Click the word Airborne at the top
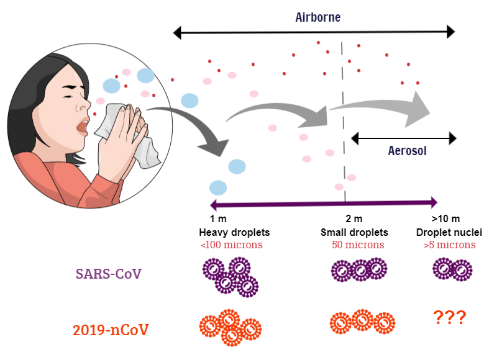pyautogui.click(x=317, y=17)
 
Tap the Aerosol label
pyautogui.click(x=407, y=151)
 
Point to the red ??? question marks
pyautogui.click(x=449, y=318)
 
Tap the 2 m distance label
pyautogui.click(x=353, y=219)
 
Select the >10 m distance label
pyautogui.click(x=445, y=219)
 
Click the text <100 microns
pyautogui.click(x=231, y=245)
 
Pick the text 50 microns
pyautogui.click(x=358, y=245)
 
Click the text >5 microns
pyautogui.click(x=450, y=245)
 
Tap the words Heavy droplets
pyautogui.click(x=234, y=232)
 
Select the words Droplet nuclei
pyautogui.click(x=450, y=232)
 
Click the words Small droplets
pyautogui.click(x=354, y=232)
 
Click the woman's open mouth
pyautogui.click(x=81, y=126)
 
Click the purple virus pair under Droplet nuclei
pyautogui.click(x=452, y=270)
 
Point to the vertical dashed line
pyautogui.click(x=344, y=124)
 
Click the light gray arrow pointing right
pyautogui.click(x=385, y=107)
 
